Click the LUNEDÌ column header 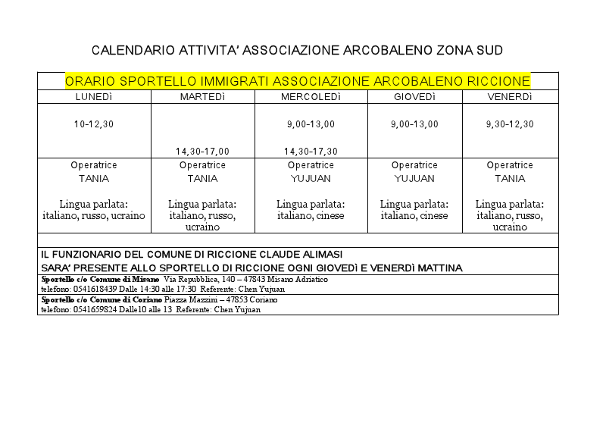tap(94, 97)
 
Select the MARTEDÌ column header tap(202, 97)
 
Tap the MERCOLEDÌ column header tap(311, 97)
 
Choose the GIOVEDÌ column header tap(414, 97)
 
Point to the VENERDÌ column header tap(510, 97)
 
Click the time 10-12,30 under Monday tap(94, 124)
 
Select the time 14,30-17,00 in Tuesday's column tap(202, 152)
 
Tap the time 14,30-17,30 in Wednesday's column tap(311, 152)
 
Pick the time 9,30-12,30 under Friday tap(510, 124)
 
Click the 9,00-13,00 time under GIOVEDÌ tap(414, 124)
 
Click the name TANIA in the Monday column tap(94, 179)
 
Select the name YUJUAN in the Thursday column tap(414, 179)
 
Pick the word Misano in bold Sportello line tap(145, 279)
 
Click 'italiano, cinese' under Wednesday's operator tap(311, 216)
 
